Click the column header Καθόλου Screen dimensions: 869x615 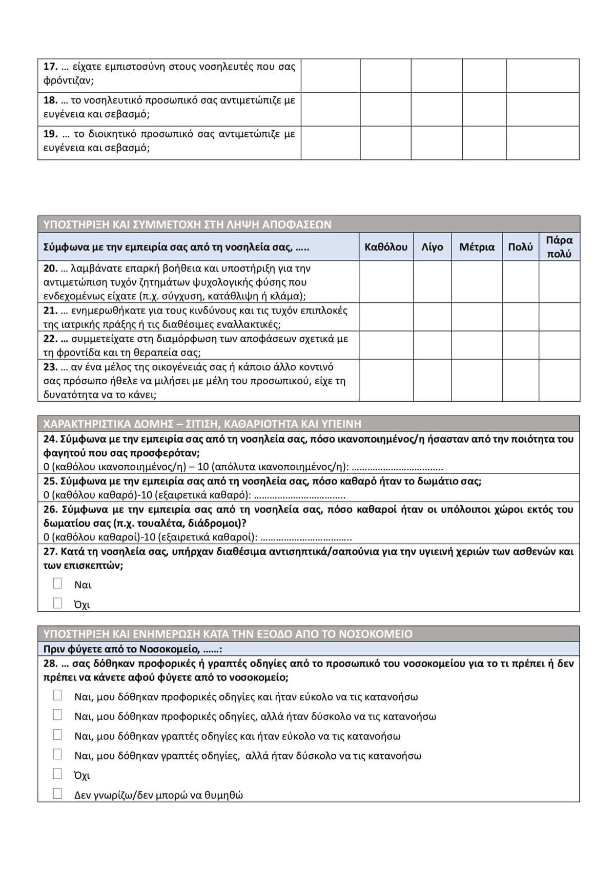(386, 247)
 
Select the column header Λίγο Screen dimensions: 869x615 (432, 247)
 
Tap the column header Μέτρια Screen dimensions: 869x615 (477, 247)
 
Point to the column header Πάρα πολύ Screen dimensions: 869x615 (559, 247)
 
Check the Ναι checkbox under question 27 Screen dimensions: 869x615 (57, 584)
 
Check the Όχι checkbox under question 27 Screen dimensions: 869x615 (57, 603)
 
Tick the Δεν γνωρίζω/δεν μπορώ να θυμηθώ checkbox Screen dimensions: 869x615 (57, 794)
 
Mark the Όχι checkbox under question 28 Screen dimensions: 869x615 (57, 774)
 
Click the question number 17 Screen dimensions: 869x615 (50, 67)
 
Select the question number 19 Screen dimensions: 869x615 (50, 134)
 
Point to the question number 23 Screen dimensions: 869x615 (50, 367)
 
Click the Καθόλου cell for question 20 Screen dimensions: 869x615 (386, 282)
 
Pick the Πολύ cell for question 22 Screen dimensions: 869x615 (520, 345)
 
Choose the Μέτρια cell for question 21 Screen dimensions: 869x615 (477, 317)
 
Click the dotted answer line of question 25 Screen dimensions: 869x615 (300, 495)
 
